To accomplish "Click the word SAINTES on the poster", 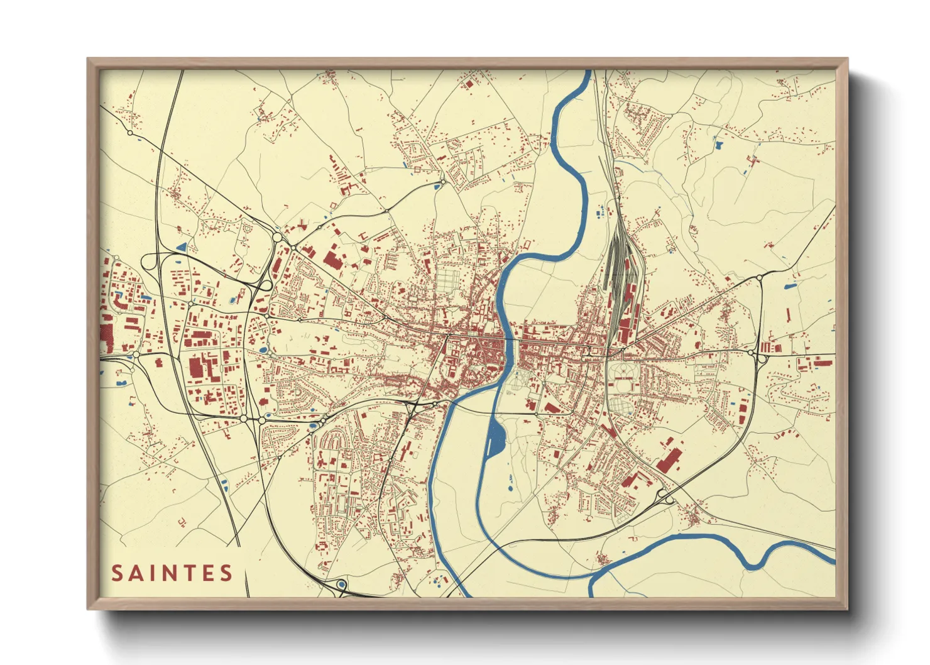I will click(x=172, y=573).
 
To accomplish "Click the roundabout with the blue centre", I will click(x=341, y=585).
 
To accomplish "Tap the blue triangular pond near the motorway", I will click(x=182, y=247).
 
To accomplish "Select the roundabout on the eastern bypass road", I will click(x=758, y=277).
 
